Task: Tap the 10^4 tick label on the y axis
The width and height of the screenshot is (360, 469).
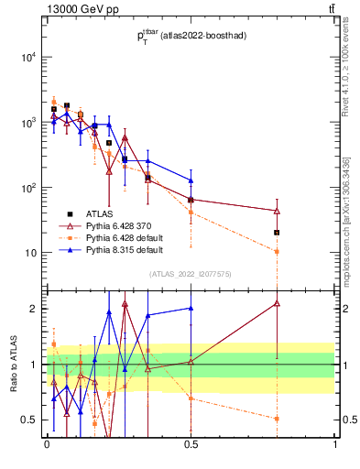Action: coord(29,57)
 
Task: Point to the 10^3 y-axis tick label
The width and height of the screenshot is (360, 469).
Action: coord(29,122)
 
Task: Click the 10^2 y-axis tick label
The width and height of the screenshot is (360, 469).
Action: coord(29,188)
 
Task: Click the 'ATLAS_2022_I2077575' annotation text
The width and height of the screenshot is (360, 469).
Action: coord(191,274)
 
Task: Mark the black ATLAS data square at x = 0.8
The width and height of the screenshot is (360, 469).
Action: coord(277,233)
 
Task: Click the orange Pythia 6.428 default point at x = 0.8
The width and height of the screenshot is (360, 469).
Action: coord(277,251)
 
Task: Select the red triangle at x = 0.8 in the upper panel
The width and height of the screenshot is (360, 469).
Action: coord(277,211)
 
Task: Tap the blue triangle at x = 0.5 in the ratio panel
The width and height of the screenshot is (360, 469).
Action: coord(191,309)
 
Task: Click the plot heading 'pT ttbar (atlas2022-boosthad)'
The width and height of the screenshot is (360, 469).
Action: coord(191,37)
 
